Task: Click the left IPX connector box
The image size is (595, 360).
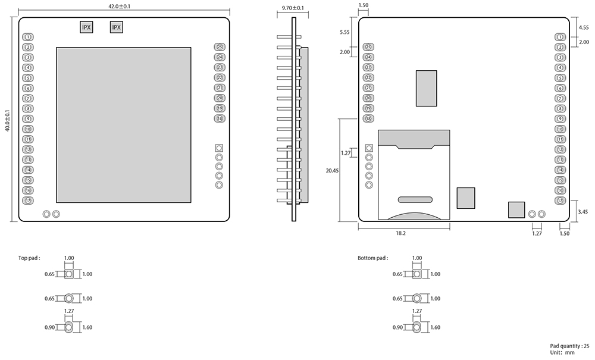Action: coord(86,27)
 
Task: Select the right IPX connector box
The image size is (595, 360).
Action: coord(117,27)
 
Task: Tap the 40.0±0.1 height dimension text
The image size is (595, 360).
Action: coord(7,120)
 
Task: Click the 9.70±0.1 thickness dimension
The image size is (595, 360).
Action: coord(292,8)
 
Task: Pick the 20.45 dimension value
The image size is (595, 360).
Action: coord(333,170)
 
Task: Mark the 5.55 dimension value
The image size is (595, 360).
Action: coord(345,32)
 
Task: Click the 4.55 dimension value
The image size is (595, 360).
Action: coord(583,27)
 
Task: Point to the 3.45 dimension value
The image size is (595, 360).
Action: coord(583,211)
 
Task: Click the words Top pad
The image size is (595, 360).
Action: coord(29,258)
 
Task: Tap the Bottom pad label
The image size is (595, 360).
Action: coord(372,258)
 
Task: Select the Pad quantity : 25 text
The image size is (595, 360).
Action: coord(569,346)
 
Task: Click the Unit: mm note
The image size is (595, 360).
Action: coord(562,353)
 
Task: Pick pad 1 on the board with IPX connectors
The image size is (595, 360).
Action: coord(28,37)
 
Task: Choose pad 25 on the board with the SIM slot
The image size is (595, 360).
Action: coord(368,47)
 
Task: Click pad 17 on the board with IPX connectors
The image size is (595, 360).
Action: coord(28,201)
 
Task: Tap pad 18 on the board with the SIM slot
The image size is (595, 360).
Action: coord(368,119)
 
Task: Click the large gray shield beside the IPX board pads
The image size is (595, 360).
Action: coord(124,124)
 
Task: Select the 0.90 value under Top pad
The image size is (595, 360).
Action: coord(50,327)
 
